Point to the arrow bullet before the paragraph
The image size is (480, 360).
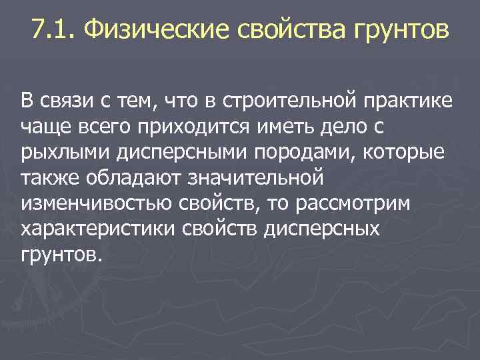tap(9, 102)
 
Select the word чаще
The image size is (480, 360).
tap(42, 127)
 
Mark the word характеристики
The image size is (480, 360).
tap(97, 229)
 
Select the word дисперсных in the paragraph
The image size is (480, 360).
tap(322, 229)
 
